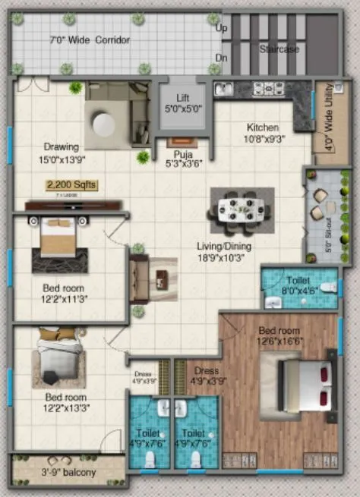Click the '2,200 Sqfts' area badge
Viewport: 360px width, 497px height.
[71, 184]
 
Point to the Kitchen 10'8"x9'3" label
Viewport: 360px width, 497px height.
[262, 134]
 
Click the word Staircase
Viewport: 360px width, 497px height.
[280, 49]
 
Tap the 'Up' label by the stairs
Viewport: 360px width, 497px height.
[222, 28]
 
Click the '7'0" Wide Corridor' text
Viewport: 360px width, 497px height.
[90, 39]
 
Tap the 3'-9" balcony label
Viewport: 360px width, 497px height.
[68, 473]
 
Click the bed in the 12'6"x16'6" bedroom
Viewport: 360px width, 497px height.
[304, 385]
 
